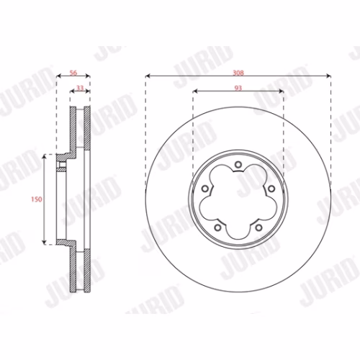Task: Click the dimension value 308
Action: [238, 73]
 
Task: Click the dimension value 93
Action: [238, 88]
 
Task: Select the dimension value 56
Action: [73, 73]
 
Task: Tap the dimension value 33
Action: [80, 88]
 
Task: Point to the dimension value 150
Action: [37, 199]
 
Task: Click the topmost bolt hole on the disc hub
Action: [238, 165]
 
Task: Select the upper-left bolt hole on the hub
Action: [205, 189]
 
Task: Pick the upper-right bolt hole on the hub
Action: [271, 189]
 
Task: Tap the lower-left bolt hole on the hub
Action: [217, 228]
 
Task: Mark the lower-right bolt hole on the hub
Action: [258, 228]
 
